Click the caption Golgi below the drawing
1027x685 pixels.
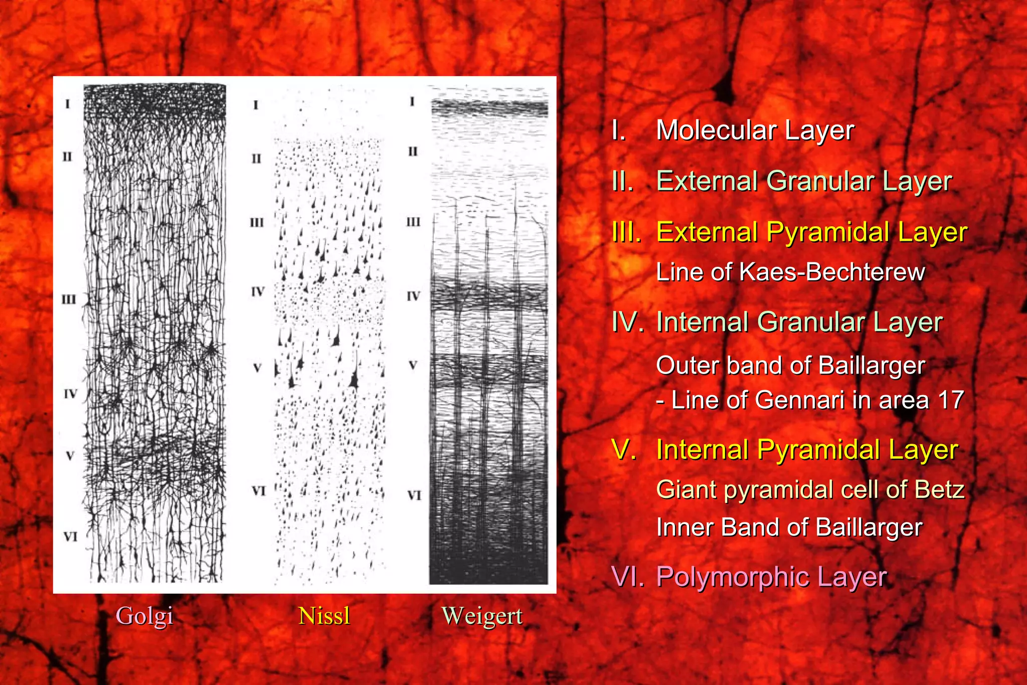click(x=144, y=616)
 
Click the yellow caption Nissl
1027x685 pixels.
click(x=324, y=616)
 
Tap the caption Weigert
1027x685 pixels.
click(x=482, y=616)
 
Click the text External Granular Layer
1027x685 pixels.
click(x=804, y=181)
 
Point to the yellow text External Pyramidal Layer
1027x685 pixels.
click(x=811, y=232)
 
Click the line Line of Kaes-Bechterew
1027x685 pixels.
click(x=790, y=272)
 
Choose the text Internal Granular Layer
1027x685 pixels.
click(x=799, y=322)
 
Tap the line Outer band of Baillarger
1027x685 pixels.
click(x=790, y=366)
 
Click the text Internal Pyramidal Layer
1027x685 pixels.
click(x=807, y=450)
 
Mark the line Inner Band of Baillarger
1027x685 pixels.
click(x=789, y=528)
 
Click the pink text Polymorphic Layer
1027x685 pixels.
click(x=771, y=577)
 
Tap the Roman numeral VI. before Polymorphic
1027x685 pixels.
click(x=627, y=577)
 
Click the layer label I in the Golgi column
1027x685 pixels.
click(x=67, y=104)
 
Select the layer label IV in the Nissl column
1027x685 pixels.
click(x=257, y=291)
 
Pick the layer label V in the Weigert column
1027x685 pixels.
click(x=413, y=365)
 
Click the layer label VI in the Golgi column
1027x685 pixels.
click(x=70, y=537)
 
